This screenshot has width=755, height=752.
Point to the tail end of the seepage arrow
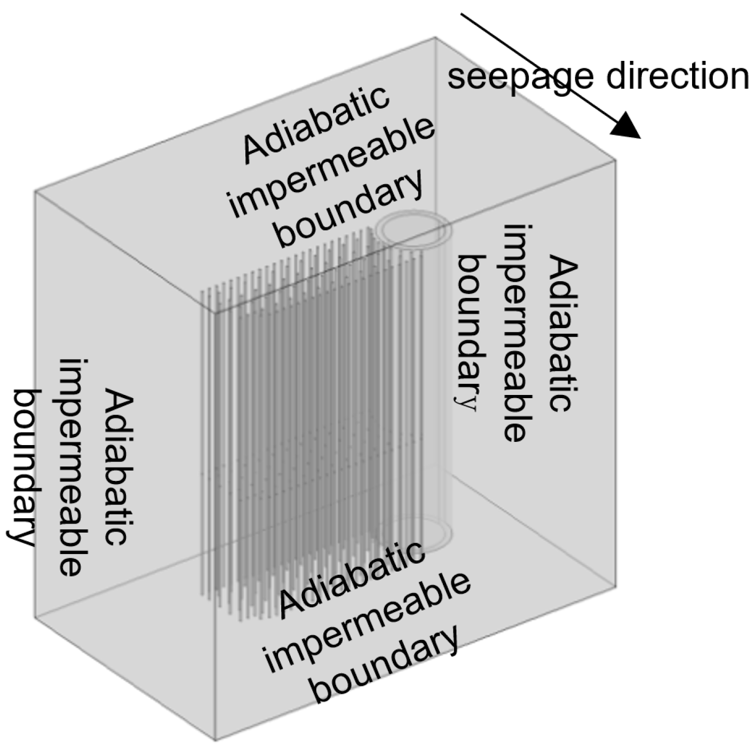(462, 15)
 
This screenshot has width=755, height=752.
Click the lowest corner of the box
(215, 740)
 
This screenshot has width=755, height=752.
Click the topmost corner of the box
(435, 37)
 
